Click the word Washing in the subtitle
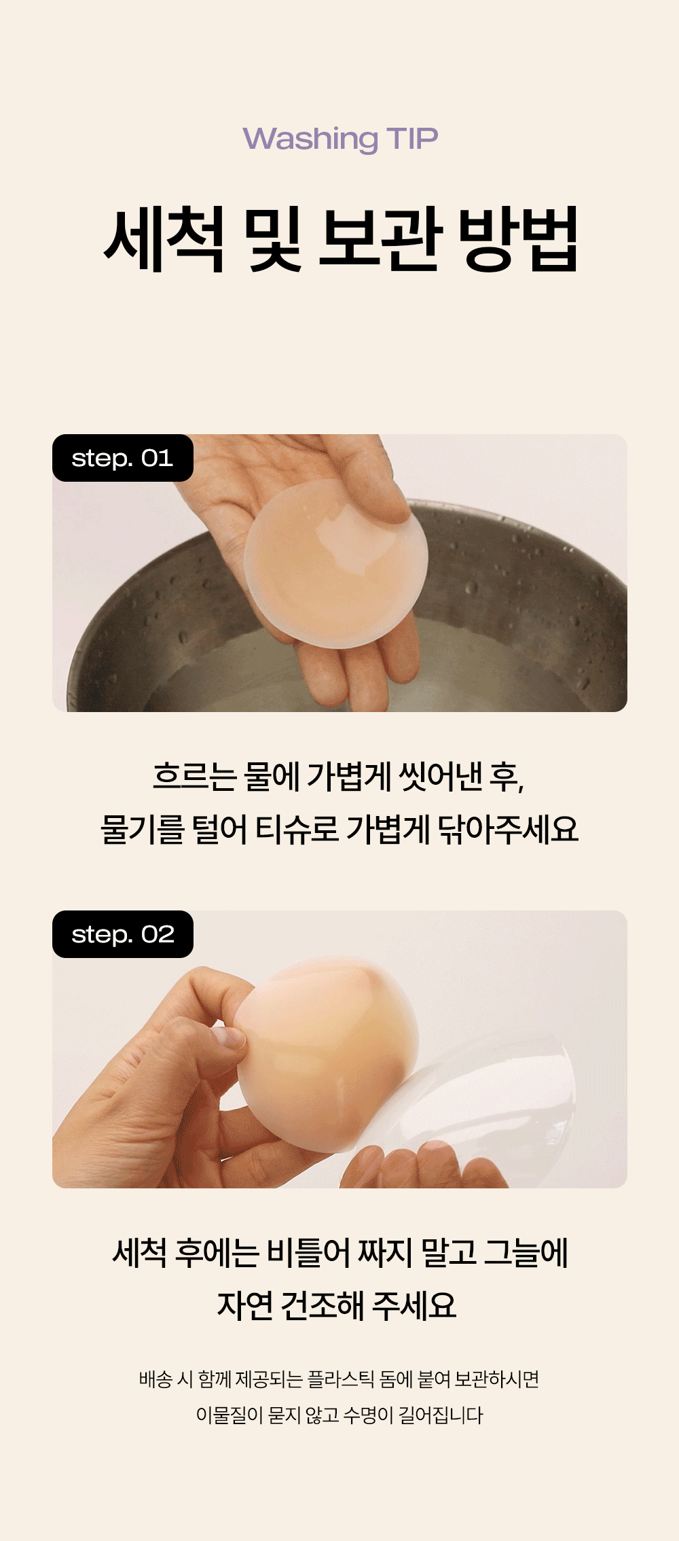click(x=310, y=139)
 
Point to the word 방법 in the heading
click(x=518, y=239)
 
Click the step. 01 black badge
click(x=123, y=458)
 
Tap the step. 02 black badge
click(x=123, y=934)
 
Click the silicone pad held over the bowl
click(x=336, y=563)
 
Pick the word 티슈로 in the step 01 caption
click(x=297, y=829)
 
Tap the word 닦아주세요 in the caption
click(x=508, y=829)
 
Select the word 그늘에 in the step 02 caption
click(x=526, y=1252)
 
